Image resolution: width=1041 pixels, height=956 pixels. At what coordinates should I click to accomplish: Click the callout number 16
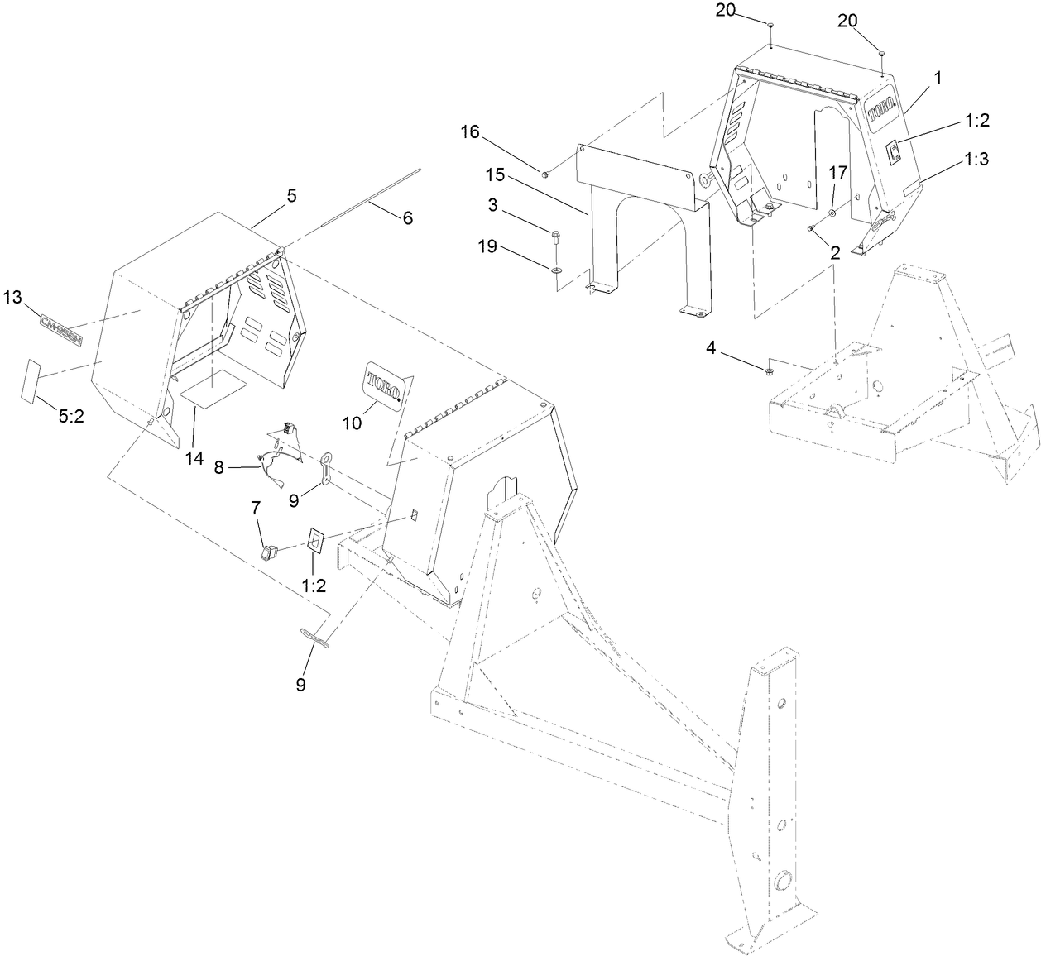469,132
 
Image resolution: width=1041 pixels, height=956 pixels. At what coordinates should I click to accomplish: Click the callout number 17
838,174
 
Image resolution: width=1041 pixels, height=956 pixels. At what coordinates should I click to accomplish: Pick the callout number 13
15,297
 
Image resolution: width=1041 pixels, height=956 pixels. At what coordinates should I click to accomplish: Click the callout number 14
194,458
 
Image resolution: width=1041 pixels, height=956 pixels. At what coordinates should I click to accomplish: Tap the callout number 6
406,218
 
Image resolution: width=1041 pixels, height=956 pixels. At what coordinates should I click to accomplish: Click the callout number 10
352,422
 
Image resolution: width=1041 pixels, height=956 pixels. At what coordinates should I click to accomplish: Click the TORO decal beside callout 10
384,386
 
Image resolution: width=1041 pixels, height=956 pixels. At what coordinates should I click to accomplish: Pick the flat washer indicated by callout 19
554,270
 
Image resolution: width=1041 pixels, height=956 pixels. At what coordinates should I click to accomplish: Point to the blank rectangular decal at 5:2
32,380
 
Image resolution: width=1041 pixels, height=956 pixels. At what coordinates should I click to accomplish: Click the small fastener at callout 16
544,174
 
